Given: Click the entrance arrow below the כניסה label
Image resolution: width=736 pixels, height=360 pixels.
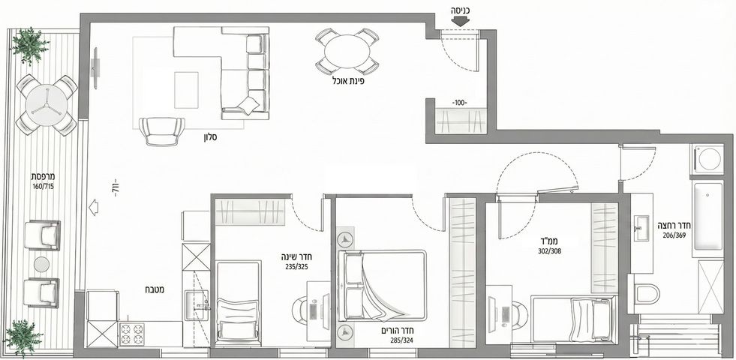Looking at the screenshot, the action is tap(461, 21).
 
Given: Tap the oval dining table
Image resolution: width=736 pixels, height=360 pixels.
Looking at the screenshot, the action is tap(347, 52).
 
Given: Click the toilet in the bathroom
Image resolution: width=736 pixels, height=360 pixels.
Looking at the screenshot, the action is tap(647, 293).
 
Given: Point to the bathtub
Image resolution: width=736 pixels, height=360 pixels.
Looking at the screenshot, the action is tap(707, 217).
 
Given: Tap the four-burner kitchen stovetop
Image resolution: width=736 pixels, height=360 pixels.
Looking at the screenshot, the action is tap(132, 334).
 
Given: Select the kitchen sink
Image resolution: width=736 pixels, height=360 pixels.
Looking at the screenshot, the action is tap(197, 305).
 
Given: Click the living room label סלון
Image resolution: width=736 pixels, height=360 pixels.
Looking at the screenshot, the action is tap(209, 138).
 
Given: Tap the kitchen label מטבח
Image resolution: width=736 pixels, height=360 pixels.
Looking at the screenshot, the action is tap(155, 289).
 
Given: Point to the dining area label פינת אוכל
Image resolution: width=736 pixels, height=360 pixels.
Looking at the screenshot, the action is tap(347, 81).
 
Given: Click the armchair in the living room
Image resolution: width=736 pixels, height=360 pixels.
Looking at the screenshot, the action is tap(162, 131).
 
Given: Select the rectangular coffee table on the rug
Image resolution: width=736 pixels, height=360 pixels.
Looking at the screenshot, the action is tap(186, 90).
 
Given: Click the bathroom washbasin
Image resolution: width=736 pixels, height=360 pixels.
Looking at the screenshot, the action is tap(641, 228).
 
